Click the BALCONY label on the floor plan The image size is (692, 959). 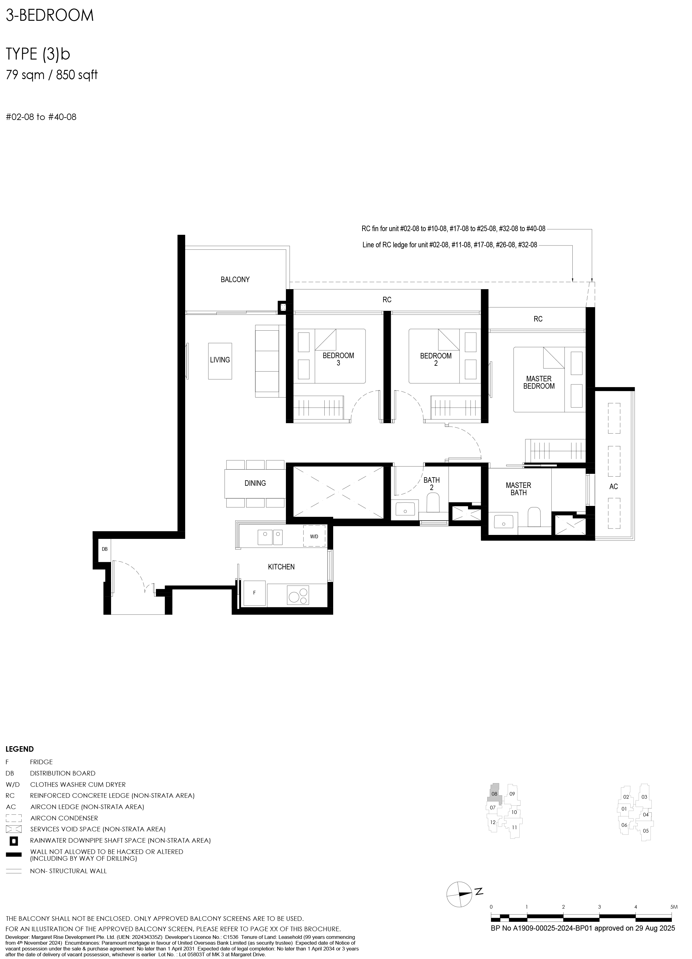click(x=235, y=279)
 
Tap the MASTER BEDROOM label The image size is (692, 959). click(x=539, y=382)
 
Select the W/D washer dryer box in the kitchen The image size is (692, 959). click(x=314, y=536)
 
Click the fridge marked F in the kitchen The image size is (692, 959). click(x=254, y=593)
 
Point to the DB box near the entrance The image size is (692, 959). click(x=105, y=549)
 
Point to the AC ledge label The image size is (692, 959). click(x=613, y=487)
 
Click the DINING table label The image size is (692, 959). click(x=255, y=483)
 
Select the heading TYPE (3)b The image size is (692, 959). click(x=38, y=55)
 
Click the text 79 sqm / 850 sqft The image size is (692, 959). click(x=52, y=75)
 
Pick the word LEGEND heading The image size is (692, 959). click(x=20, y=749)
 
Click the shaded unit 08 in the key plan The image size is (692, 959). click(x=495, y=794)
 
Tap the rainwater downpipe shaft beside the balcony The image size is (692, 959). click(x=282, y=307)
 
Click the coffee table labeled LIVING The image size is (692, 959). click(x=220, y=361)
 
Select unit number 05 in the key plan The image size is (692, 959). click(x=646, y=831)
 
